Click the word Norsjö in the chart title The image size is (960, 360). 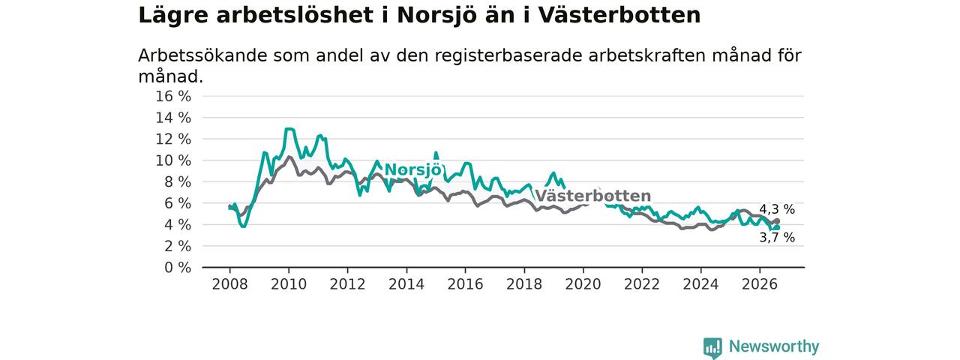[x=431, y=16]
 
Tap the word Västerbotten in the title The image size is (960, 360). [x=619, y=16]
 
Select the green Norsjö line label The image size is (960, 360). [x=412, y=169]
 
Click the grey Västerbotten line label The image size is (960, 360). [x=593, y=196]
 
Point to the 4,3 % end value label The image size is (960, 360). [x=777, y=209]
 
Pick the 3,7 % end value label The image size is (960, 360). [x=777, y=238]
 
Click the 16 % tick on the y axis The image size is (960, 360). [x=173, y=97]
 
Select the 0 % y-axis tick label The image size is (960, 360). [x=178, y=268]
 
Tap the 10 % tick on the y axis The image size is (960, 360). [x=173, y=160]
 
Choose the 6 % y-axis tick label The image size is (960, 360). [x=178, y=203]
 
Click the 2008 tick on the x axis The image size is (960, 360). [x=229, y=284]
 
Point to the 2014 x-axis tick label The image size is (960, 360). [x=406, y=284]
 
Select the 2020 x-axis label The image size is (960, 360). [x=583, y=284]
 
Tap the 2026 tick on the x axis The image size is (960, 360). [x=760, y=284]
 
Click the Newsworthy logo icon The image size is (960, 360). [x=712, y=347]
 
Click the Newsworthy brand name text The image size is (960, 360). [x=774, y=346]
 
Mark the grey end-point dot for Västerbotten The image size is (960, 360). [x=777, y=221]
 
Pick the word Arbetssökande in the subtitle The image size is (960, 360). [x=202, y=56]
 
